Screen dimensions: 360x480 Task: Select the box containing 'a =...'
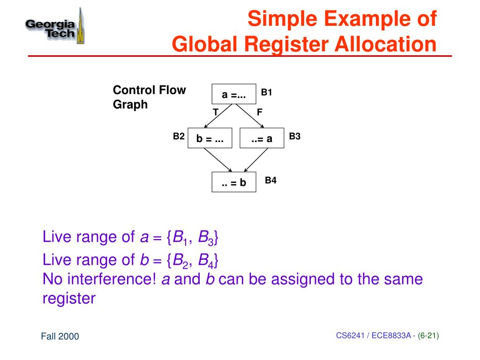(x=234, y=94)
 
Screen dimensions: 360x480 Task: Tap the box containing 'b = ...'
(x=210, y=139)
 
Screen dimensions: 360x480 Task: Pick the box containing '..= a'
(x=262, y=139)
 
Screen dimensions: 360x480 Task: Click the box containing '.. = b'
(x=234, y=183)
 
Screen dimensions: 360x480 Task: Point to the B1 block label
(x=267, y=92)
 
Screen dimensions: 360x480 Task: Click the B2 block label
(x=179, y=136)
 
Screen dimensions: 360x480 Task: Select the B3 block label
(x=294, y=136)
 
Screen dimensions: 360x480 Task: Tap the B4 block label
(x=271, y=180)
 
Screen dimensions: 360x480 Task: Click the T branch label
(x=216, y=112)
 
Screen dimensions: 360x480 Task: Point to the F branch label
(x=259, y=112)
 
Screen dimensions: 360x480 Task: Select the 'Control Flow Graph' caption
(x=149, y=97)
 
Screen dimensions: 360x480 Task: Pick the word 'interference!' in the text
(x=111, y=279)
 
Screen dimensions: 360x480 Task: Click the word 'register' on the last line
(x=69, y=299)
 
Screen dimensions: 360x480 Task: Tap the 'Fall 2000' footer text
(x=60, y=336)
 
